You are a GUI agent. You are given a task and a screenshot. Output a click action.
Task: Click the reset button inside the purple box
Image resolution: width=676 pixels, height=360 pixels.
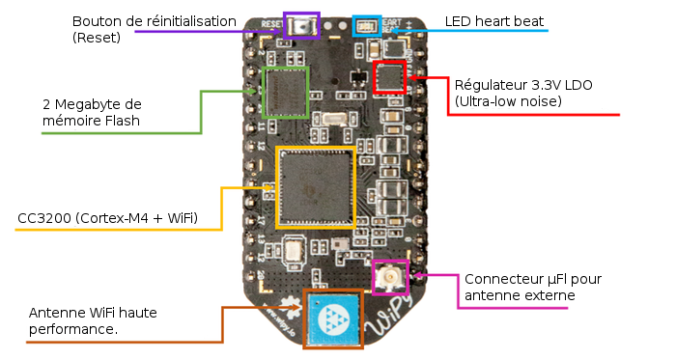[x=302, y=26]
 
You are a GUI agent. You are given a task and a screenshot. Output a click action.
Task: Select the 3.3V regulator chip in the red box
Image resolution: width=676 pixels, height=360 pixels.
[x=390, y=76]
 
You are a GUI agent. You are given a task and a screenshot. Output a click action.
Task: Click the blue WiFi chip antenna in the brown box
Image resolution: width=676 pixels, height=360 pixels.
[x=334, y=318]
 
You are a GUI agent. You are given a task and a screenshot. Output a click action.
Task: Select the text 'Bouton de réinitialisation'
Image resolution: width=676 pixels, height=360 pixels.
[x=154, y=20]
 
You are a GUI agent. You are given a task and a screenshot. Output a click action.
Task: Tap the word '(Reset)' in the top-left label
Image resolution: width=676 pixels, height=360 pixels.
[x=98, y=38]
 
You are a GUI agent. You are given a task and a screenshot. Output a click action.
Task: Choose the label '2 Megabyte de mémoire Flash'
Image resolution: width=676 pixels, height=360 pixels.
[x=92, y=112]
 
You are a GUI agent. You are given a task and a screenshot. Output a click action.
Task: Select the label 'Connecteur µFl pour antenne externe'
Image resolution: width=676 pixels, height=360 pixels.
[x=532, y=287]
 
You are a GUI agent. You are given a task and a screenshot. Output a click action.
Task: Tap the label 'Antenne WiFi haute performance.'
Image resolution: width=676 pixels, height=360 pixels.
[x=93, y=320]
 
